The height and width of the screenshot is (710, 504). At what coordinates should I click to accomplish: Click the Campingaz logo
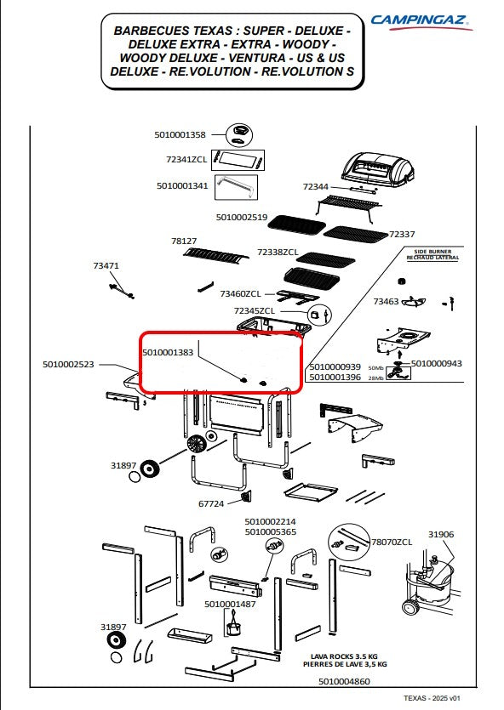coord(421,21)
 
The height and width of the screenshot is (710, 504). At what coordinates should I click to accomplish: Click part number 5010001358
coord(180,134)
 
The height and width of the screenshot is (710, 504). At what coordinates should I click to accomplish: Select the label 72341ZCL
coord(186,159)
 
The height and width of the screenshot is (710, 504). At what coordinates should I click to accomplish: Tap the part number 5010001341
coord(182,185)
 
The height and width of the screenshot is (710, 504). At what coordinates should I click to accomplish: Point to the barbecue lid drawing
coord(377,169)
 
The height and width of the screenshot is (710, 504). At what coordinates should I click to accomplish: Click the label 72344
coord(316,186)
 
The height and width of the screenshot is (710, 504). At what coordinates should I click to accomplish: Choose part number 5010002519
coord(242,218)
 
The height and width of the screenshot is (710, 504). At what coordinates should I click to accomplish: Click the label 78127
coord(184,241)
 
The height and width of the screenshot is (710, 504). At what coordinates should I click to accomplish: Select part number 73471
coord(106,266)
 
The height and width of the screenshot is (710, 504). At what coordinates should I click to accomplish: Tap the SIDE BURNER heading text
coord(432,252)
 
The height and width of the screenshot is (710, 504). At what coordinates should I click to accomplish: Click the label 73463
coord(387,301)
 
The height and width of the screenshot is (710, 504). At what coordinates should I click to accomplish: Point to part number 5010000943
coord(437,363)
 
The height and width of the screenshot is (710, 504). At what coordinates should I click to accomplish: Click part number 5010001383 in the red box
coord(168,352)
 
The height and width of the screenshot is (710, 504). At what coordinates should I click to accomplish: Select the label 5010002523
coord(68,364)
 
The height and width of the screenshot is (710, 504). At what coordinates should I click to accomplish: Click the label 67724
coord(211,503)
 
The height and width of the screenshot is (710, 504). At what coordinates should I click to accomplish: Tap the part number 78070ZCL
coord(392,542)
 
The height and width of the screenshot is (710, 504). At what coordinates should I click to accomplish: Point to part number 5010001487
coord(230,604)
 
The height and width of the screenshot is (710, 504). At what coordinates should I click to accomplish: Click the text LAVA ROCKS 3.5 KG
coord(344,656)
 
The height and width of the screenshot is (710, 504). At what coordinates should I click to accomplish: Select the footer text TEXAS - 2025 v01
coord(432,698)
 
